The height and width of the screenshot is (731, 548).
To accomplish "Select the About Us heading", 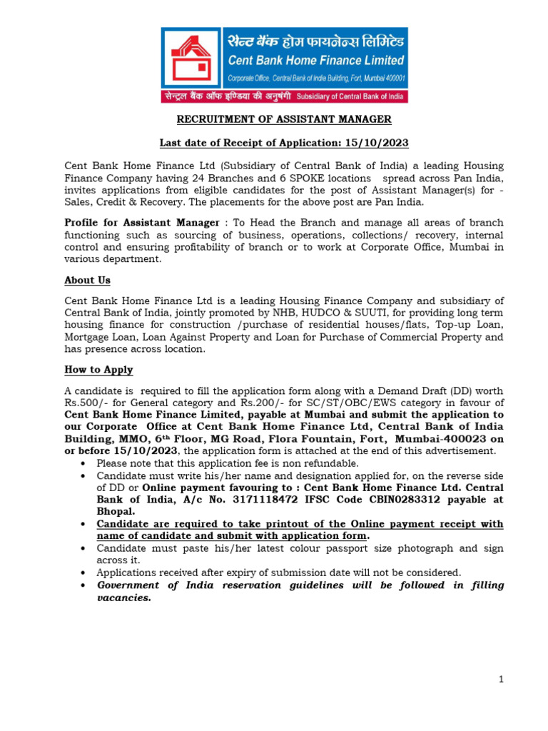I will click(87, 280).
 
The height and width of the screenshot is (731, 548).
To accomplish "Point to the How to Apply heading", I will click(98, 370).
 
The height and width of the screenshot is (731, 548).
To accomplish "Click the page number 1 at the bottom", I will click(502, 680).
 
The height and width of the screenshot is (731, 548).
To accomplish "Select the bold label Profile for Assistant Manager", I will click(141, 223).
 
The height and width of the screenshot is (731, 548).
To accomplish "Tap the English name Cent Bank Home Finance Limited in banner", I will click(315, 60).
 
